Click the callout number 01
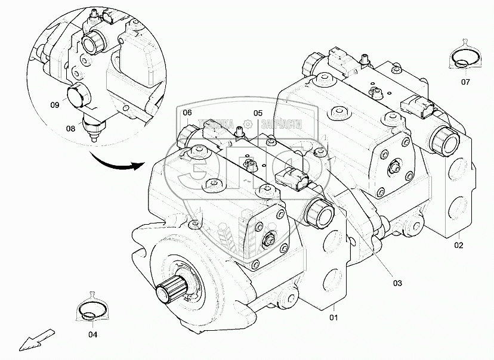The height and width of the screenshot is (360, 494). pos(334,316)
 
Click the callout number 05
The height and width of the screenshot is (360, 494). pos(258,113)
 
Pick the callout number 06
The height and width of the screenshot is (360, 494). pos(187,113)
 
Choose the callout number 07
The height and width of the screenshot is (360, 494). pos(465,82)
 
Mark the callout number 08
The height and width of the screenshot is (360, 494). pos(71,128)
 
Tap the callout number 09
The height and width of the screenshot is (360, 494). pos(54,105)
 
